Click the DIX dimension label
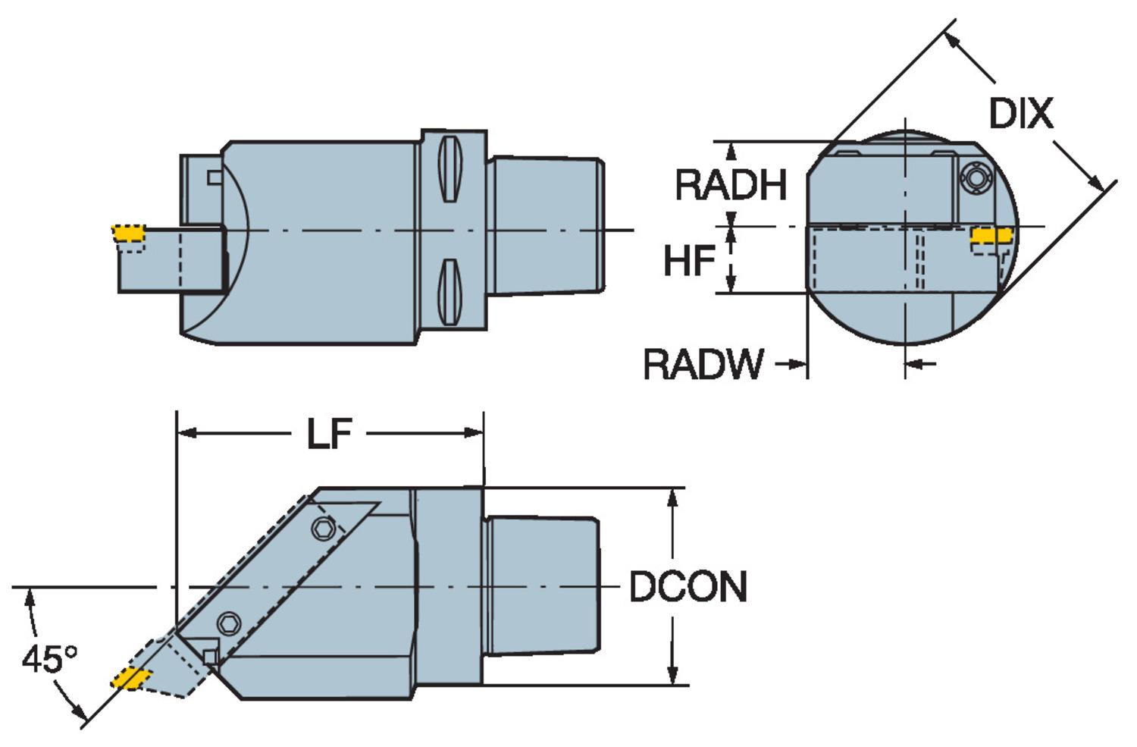1020,114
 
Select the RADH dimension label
731,185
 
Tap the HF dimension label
689,261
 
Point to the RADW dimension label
703,364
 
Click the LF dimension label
330,434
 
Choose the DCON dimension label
688,587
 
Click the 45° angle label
49,658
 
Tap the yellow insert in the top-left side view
127,231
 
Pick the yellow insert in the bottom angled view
130,677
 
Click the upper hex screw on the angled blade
325,528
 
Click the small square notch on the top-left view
215,177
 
